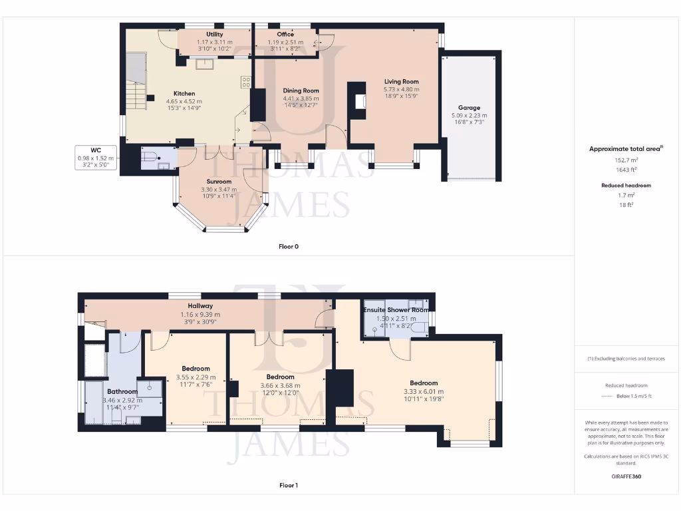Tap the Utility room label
pyautogui.click(x=215, y=35)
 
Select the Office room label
pyautogui.click(x=285, y=35)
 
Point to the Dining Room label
pyautogui.click(x=301, y=90)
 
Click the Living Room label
pyautogui.click(x=401, y=82)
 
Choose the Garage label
pyautogui.click(x=468, y=107)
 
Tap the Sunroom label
pyautogui.click(x=219, y=182)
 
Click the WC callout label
pyautogui.click(x=96, y=150)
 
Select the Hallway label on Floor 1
pyautogui.click(x=200, y=306)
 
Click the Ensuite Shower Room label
pyautogui.click(x=396, y=310)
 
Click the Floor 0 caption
pyautogui.click(x=289, y=246)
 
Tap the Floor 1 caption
pyautogui.click(x=289, y=486)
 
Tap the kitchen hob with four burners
pyautogui.click(x=245, y=83)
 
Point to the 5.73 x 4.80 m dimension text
pyautogui.click(x=401, y=89)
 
